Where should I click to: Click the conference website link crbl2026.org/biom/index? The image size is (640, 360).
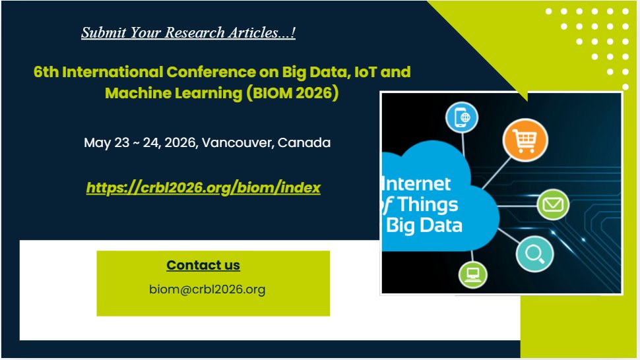click(x=203, y=188)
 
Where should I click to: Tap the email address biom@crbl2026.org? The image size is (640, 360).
click(x=207, y=289)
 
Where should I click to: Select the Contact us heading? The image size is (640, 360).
click(x=203, y=265)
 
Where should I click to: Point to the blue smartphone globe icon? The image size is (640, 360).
click(x=461, y=118)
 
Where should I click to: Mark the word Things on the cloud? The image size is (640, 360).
click(x=428, y=204)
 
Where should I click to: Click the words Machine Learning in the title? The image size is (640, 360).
click(x=174, y=93)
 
